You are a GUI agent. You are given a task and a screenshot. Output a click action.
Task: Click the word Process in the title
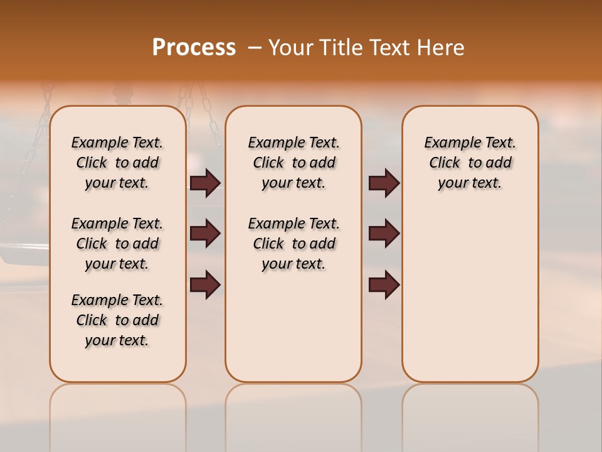tap(194, 47)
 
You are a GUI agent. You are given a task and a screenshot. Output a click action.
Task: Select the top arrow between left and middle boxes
tap(205, 183)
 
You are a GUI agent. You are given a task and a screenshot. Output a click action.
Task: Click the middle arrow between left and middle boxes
tap(205, 234)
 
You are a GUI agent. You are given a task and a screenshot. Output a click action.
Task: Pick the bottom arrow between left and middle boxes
tap(205, 285)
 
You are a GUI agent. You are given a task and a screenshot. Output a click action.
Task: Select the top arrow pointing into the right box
tap(384, 183)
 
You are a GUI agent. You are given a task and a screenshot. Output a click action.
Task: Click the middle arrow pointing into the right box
tap(384, 234)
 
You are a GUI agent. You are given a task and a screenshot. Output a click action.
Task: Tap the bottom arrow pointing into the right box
tap(384, 285)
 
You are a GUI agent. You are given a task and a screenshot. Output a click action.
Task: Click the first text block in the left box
tap(117, 163)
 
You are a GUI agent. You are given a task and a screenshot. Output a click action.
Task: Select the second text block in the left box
tap(117, 244)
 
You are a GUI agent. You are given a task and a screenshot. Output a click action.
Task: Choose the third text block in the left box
tap(117, 320)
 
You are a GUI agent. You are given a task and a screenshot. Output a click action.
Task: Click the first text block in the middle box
tap(293, 163)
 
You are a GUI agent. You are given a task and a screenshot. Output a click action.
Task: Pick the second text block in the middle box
tap(293, 244)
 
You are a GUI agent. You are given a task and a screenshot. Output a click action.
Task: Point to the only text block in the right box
tap(470, 163)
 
